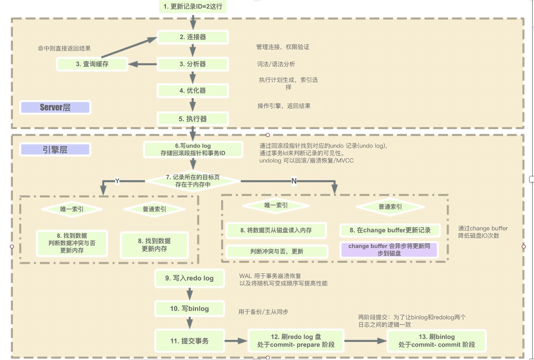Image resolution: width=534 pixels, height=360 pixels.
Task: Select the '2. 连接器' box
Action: (192, 37)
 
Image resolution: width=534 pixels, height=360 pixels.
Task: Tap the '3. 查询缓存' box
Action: (92, 64)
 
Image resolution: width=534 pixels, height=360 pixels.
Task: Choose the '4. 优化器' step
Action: (192, 90)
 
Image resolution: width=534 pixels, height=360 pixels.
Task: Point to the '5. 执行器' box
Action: (192, 119)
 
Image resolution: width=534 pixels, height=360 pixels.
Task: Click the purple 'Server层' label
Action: (55, 107)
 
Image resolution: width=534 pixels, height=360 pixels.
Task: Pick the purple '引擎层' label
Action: (55, 150)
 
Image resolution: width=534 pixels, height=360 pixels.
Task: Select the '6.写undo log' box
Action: (193, 150)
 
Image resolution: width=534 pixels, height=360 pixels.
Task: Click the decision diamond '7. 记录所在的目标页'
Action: (193, 181)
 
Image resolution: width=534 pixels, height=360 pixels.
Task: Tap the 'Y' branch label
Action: (117, 180)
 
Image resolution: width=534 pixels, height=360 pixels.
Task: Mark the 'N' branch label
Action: (294, 181)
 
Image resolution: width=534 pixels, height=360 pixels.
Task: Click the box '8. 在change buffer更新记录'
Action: (390, 230)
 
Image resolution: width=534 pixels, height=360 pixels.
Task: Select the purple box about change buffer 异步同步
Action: (390, 250)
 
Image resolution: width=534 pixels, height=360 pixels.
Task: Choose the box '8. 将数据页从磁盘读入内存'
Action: (276, 230)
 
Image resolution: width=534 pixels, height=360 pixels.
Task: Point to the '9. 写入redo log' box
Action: (189, 278)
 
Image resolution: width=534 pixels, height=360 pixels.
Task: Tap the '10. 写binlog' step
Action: (189, 308)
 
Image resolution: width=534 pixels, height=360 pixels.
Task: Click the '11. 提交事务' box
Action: (189, 341)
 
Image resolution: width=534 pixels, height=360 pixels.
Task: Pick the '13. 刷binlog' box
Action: (436, 341)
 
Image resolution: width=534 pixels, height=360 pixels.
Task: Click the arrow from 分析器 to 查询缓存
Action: (142, 64)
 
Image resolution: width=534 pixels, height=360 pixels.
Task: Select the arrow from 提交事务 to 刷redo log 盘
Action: (236, 341)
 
